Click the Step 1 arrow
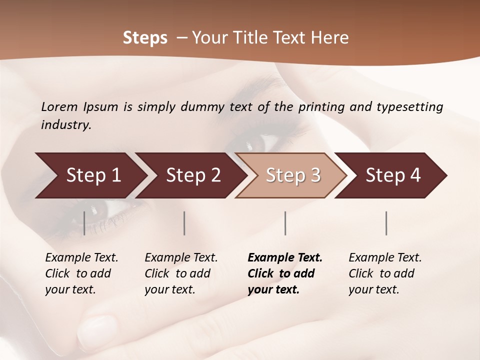point(92,175)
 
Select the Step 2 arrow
point(192,175)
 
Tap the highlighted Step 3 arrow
point(292,175)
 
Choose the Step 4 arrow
point(392,175)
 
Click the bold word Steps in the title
point(145,38)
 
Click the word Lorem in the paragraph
point(59,106)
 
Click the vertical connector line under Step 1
point(84,223)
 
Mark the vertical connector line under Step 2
point(184,223)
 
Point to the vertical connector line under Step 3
point(285,223)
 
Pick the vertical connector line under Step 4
point(386,223)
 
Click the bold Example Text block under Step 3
point(285,273)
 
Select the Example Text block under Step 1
point(81,273)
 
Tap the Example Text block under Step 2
point(181,273)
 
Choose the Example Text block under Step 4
point(385,273)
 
